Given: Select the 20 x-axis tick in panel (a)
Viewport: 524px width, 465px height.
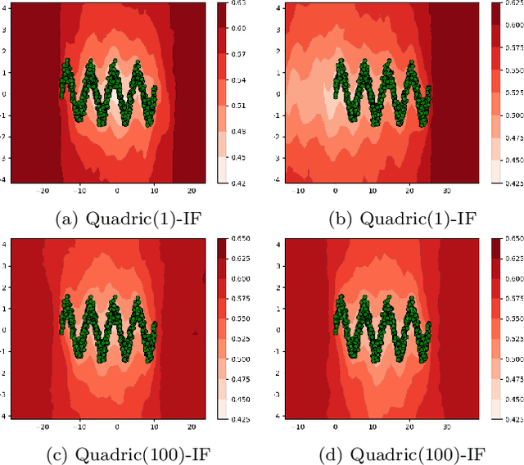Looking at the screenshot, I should pyautogui.click(x=189, y=191).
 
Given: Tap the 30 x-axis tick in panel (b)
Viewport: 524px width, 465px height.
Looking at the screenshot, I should pyautogui.click(x=447, y=191).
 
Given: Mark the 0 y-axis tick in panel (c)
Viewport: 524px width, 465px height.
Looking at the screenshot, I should pyautogui.click(x=5, y=329).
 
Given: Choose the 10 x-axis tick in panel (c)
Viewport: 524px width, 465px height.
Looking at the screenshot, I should pyautogui.click(x=153, y=426).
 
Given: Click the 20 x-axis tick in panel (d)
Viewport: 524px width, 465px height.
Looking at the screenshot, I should pyautogui.click(x=409, y=426).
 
